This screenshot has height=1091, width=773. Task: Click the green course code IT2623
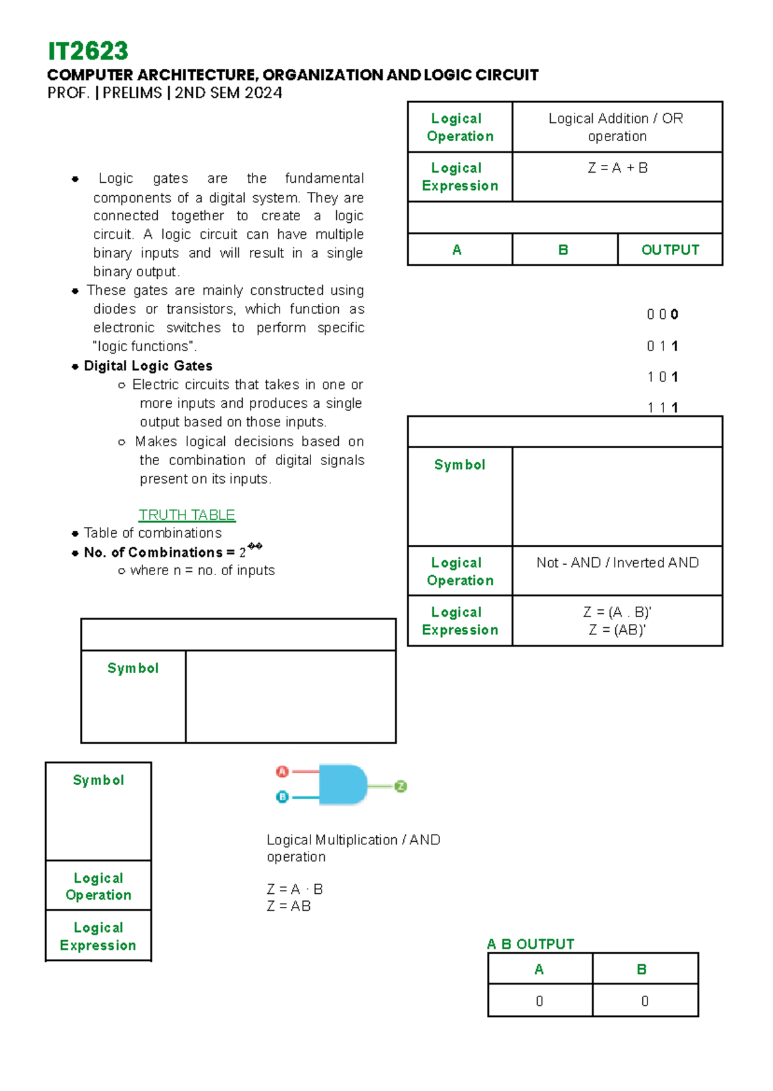pyautogui.click(x=88, y=51)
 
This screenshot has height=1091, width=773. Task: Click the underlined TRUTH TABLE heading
pyautogui.click(x=187, y=515)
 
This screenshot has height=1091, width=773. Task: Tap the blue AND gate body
pyautogui.click(x=341, y=784)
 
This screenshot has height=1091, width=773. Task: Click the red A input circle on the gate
pyautogui.click(x=282, y=772)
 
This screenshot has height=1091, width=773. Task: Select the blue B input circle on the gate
pyautogui.click(x=282, y=797)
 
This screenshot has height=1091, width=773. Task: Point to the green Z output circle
pyautogui.click(x=401, y=786)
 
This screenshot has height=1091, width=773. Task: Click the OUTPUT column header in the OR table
pyautogui.click(x=670, y=250)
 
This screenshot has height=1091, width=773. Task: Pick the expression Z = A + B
pyautogui.click(x=617, y=168)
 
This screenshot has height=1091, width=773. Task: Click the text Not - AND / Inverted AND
pyautogui.click(x=617, y=563)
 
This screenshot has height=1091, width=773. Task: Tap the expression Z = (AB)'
pyautogui.click(x=617, y=630)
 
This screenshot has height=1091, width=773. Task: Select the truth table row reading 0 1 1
pyautogui.click(x=662, y=346)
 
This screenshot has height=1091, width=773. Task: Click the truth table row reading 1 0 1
pyautogui.click(x=662, y=377)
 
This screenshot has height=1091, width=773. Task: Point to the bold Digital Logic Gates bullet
pyautogui.click(x=148, y=366)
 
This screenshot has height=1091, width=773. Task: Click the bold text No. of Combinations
pyautogui.click(x=155, y=553)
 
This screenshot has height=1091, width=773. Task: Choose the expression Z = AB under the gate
pyautogui.click(x=289, y=906)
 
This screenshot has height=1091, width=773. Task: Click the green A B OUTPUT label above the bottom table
pyautogui.click(x=530, y=944)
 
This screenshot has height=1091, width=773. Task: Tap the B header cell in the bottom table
pyautogui.click(x=642, y=969)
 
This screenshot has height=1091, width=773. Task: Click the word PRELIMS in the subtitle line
pyautogui.click(x=132, y=93)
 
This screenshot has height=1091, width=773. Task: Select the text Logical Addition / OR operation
pyautogui.click(x=616, y=127)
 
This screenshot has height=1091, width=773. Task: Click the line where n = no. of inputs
pyautogui.click(x=202, y=571)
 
